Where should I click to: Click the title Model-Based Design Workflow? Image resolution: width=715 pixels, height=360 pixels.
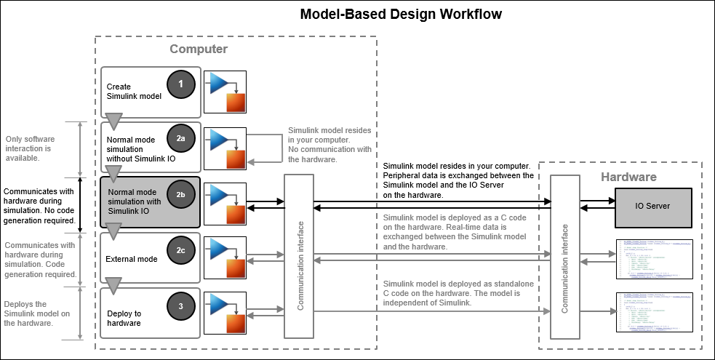coord(402,15)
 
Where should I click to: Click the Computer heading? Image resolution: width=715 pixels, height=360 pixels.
coord(199,49)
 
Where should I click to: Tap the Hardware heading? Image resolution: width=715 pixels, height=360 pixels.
coord(628,177)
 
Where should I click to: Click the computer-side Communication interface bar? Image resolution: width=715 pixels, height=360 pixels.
coord(300,256)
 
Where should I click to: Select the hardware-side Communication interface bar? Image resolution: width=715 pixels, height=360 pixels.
coord(564,257)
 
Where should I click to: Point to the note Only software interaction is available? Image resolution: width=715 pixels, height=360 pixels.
coord(28,147)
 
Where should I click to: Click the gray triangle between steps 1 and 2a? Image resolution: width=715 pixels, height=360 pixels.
coord(113,121)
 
